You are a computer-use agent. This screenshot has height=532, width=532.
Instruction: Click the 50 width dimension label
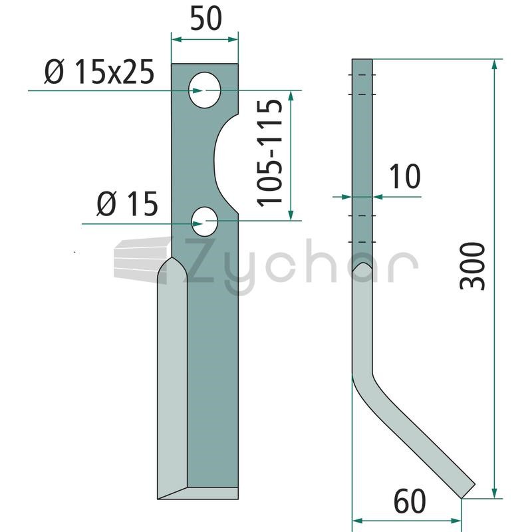pyautogui.click(x=206, y=18)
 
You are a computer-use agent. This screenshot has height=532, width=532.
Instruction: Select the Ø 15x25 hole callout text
pyautogui.click(x=99, y=72)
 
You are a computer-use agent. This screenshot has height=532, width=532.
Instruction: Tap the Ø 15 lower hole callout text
pyautogui.click(x=127, y=203)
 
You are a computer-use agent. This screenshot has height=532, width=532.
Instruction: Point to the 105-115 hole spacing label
pyautogui.click(x=270, y=154)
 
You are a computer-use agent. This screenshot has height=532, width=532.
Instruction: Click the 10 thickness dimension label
pyautogui.click(x=405, y=176)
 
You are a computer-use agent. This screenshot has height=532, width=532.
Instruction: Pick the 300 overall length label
pyautogui.click(x=472, y=267)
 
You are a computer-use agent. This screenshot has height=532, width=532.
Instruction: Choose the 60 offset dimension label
pyautogui.click(x=410, y=501)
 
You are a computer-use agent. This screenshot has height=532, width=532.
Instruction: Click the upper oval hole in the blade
pyautogui.click(x=205, y=90)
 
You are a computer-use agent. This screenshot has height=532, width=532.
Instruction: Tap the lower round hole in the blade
pyautogui.click(x=205, y=221)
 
